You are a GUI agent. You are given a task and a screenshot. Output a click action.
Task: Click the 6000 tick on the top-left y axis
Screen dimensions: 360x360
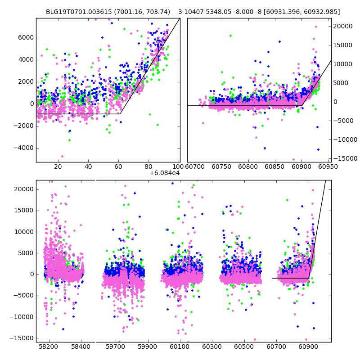click(26, 37)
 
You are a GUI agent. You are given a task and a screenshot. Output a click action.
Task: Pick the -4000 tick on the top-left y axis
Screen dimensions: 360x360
click(24, 148)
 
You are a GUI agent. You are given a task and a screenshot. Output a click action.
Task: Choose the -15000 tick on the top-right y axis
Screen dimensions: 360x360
click(344, 158)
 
